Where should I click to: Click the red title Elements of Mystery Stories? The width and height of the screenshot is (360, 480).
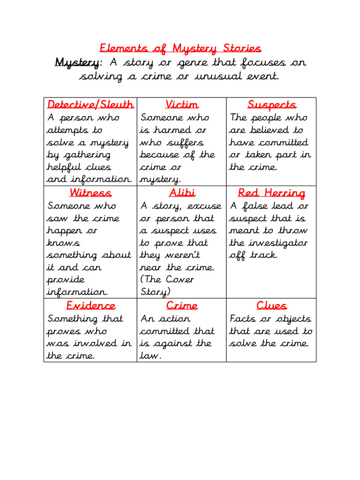point(180,48)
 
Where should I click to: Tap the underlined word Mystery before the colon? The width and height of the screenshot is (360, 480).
point(77,62)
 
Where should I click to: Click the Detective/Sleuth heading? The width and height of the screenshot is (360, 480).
point(90,105)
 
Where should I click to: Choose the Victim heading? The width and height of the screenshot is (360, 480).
point(181,105)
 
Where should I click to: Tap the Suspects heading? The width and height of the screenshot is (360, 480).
point(271,105)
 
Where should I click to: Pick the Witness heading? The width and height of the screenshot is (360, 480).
point(90,193)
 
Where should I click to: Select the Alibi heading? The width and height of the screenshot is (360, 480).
point(181,193)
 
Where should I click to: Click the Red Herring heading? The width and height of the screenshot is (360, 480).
point(271,193)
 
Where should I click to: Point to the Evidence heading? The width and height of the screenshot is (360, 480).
point(90,306)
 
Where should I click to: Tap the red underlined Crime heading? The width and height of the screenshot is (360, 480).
point(181,306)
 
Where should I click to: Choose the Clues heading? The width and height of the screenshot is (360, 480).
point(271,306)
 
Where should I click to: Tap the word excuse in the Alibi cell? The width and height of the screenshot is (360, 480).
point(205,206)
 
